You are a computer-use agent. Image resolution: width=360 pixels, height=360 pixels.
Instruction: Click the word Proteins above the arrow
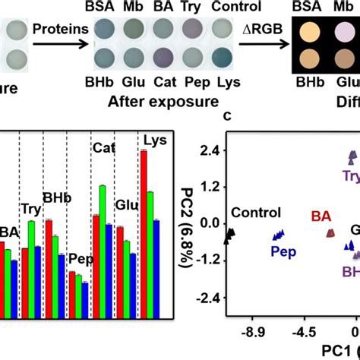click(60, 28)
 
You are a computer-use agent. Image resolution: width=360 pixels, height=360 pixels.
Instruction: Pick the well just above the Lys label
click(222, 59)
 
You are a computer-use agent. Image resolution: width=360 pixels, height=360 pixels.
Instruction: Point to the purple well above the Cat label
click(162, 59)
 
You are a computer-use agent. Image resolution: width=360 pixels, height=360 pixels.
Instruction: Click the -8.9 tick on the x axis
click(254, 332)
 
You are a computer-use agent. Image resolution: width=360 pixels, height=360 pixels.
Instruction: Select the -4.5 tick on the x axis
click(305, 332)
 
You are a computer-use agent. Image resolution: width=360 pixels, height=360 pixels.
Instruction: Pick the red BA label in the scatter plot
click(321, 216)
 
